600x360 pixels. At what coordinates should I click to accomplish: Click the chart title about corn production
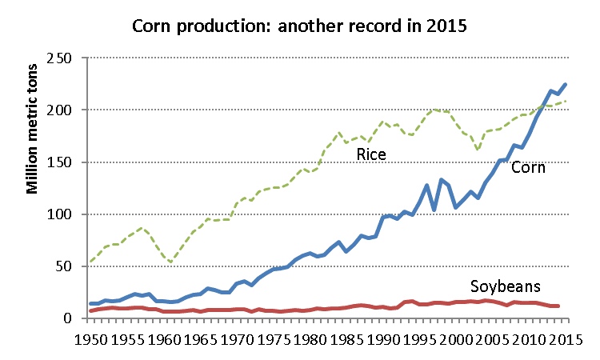pos(300,26)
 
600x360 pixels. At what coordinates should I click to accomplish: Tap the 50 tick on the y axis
pos(63,266)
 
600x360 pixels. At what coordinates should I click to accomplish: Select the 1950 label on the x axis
pos(90,338)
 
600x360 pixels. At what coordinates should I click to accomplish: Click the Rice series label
pos(371,154)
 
